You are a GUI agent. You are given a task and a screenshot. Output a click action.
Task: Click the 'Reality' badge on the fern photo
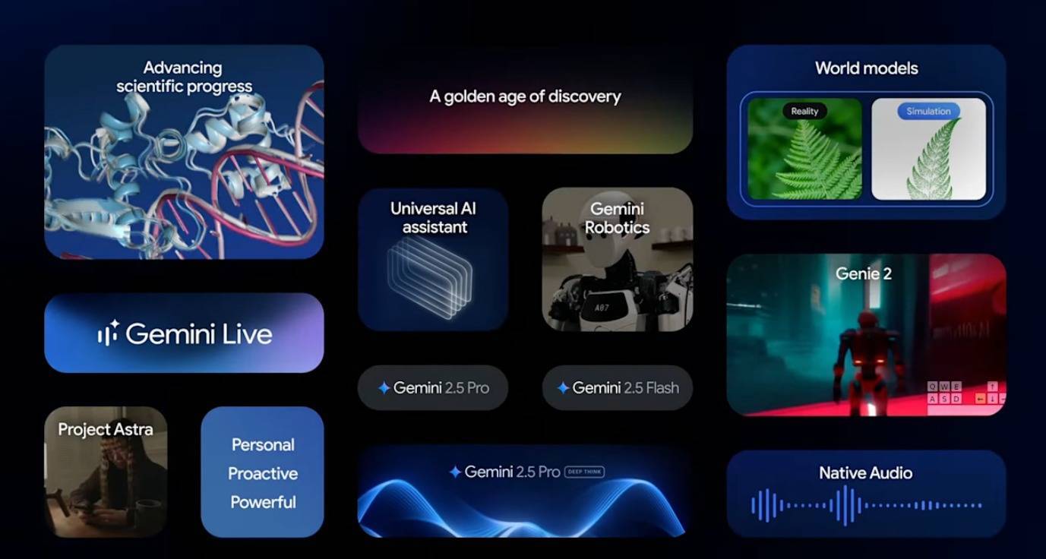click(x=804, y=111)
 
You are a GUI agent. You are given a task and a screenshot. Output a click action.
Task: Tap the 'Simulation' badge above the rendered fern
click(x=928, y=111)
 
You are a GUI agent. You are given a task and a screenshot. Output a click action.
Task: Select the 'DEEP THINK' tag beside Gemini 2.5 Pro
click(x=584, y=472)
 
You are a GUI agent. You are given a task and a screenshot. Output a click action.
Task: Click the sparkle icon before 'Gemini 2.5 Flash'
click(x=563, y=387)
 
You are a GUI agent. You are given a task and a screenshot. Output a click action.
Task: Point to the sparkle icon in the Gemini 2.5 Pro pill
click(x=384, y=387)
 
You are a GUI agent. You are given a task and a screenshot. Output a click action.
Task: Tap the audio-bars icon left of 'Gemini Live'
click(x=109, y=333)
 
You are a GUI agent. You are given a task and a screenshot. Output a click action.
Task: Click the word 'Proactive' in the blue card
click(x=263, y=473)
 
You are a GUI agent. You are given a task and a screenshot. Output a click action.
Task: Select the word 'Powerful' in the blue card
click(x=263, y=502)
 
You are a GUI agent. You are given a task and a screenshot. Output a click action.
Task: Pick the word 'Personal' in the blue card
click(x=263, y=444)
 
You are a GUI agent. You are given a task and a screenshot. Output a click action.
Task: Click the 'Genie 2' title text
click(x=864, y=273)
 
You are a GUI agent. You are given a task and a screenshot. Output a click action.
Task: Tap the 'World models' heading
click(x=866, y=68)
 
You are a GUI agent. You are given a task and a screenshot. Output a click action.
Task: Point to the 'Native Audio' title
click(x=866, y=472)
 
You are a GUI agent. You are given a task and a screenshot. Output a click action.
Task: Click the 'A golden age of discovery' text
click(x=525, y=96)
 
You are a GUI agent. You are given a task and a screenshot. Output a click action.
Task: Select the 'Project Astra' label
click(x=106, y=429)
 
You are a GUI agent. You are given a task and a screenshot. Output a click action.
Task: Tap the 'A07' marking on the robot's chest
click(x=602, y=308)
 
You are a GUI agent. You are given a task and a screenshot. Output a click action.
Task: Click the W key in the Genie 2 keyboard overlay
click(x=944, y=387)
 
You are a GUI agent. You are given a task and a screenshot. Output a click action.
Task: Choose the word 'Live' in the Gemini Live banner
click(x=247, y=334)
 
